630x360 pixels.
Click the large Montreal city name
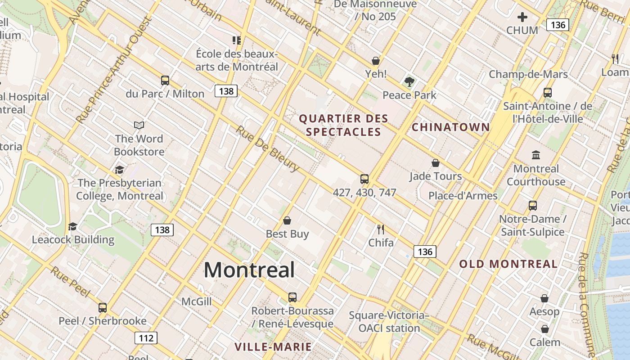[249, 270]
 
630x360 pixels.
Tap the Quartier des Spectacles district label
[343, 126]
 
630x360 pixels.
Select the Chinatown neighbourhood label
[450, 127]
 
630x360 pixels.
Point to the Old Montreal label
[508, 264]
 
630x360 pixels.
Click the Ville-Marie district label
[273, 346]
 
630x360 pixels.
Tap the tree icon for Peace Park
[409, 82]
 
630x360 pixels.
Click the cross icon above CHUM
[522, 18]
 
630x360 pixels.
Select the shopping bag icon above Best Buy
[287, 220]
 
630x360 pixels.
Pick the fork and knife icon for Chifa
[381, 229]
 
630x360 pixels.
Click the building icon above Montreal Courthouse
[536, 155]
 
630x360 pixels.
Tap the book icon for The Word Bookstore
[139, 125]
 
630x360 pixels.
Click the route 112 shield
[146, 338]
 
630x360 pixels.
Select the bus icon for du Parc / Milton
[165, 81]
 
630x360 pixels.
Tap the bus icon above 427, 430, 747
[364, 179]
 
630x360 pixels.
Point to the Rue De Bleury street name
[267, 148]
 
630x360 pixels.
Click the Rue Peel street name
[70, 282]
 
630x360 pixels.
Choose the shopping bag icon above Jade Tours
[436, 163]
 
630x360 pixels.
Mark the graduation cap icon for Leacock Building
[72, 226]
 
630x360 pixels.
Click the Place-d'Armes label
[463, 196]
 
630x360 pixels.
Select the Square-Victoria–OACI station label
[389, 321]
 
